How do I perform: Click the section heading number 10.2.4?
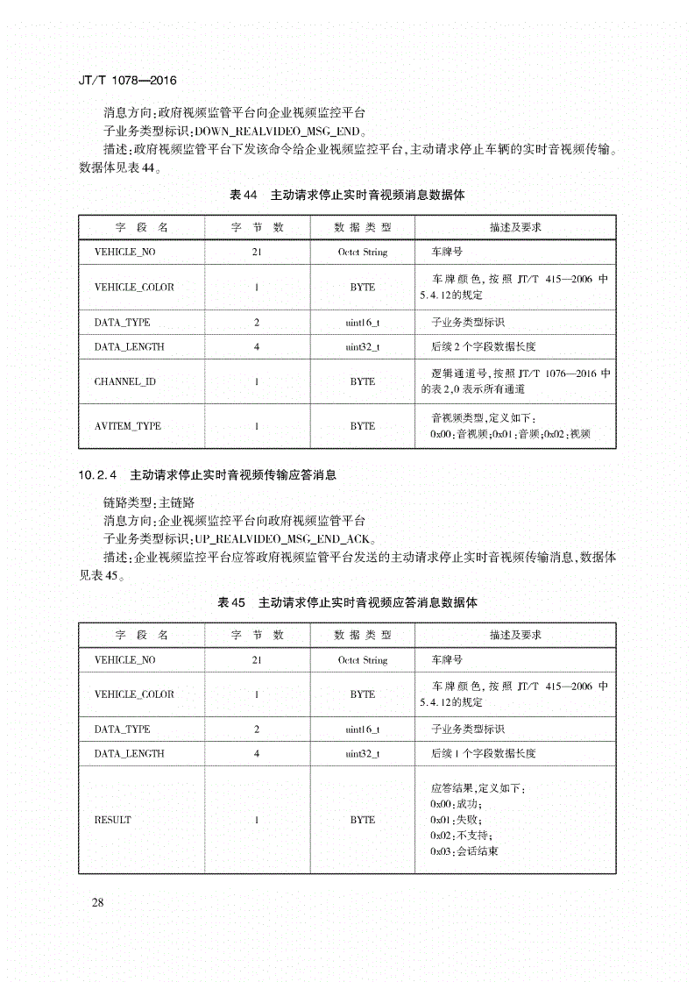click(x=97, y=475)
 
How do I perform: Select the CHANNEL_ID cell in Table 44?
click(x=125, y=381)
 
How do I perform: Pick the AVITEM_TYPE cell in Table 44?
click(x=128, y=426)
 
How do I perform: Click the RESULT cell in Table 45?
click(x=112, y=820)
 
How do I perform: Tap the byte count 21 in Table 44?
click(x=257, y=253)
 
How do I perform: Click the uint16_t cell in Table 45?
click(x=362, y=729)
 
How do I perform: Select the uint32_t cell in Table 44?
click(x=362, y=347)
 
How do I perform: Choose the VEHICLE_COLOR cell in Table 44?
click(x=134, y=288)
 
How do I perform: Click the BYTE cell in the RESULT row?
click(x=362, y=820)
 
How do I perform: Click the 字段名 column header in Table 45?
click(x=141, y=635)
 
